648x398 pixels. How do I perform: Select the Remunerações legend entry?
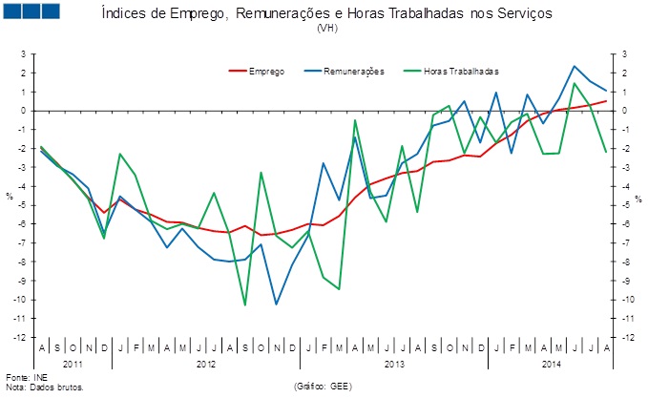point(353,71)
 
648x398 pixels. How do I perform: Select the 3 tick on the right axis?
point(624,54)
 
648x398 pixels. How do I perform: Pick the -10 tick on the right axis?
point(628,300)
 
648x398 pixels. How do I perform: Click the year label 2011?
point(73,364)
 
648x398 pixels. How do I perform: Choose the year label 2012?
point(206,364)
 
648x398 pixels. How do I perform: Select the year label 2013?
point(394,364)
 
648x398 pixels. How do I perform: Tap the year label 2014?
point(552,364)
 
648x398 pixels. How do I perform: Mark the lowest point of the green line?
point(245,305)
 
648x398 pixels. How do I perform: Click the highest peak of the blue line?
point(575,66)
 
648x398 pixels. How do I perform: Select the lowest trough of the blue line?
point(277,304)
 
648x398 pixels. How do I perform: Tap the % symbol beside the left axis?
point(9,197)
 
